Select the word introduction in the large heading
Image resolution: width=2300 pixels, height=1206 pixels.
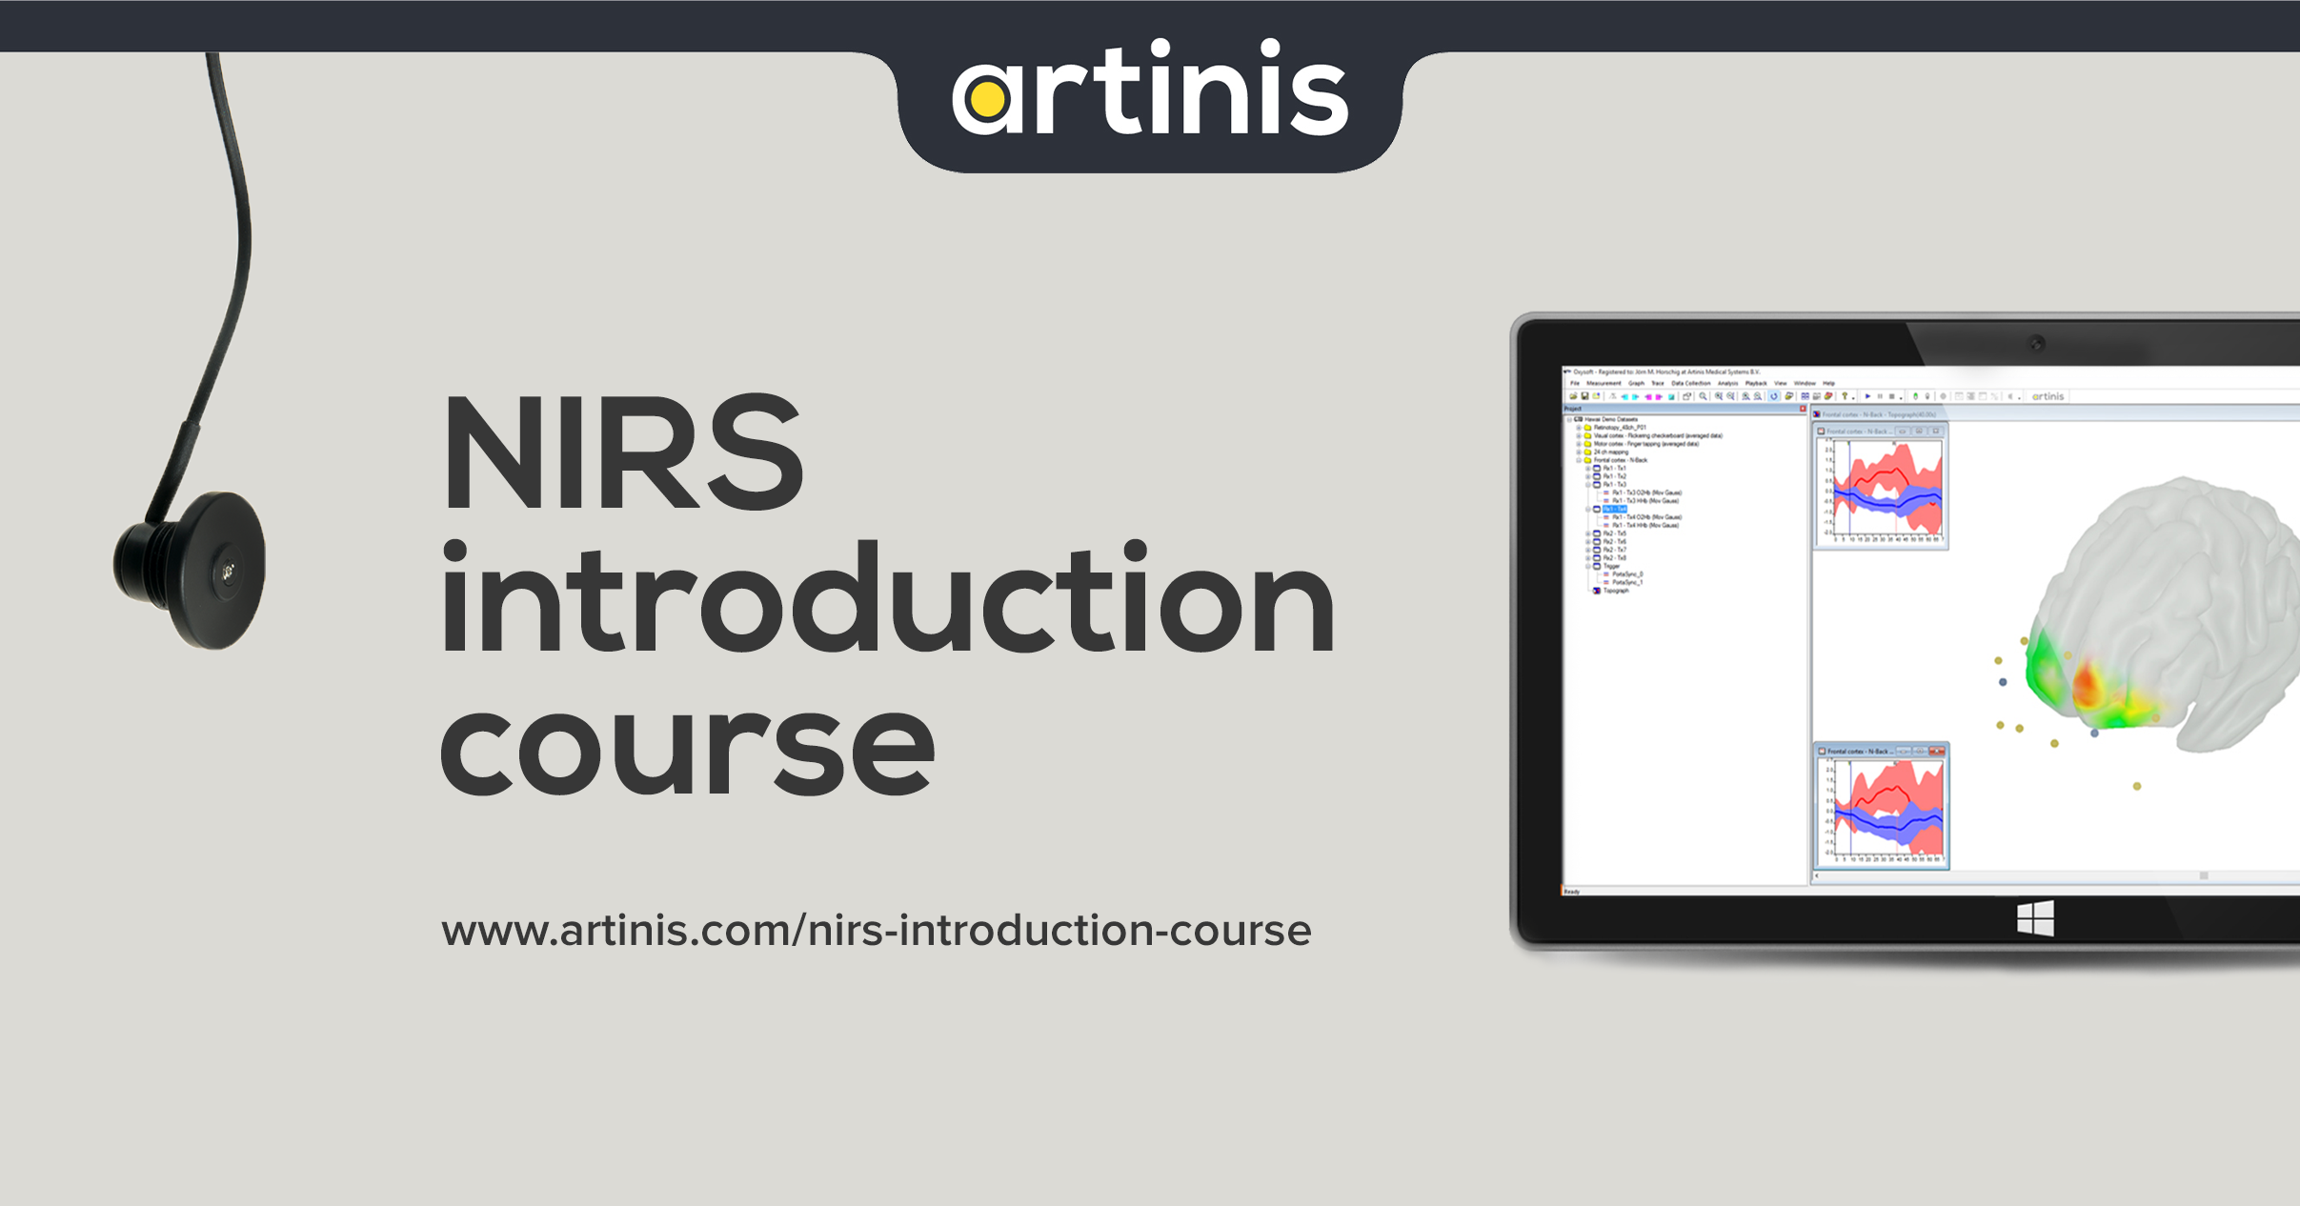[886, 600]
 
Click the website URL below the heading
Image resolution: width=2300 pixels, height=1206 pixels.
[876, 931]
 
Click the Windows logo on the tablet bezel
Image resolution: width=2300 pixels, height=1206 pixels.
[2035, 919]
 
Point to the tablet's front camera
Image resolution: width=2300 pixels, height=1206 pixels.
[2036, 343]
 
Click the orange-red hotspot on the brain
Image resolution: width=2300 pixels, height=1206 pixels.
[2087, 684]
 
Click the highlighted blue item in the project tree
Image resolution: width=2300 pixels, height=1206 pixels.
[1614, 510]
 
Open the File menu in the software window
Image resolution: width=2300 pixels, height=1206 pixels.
[1575, 383]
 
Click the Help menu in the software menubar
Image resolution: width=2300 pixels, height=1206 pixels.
[1828, 383]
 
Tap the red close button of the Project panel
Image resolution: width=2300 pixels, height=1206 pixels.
[1802, 409]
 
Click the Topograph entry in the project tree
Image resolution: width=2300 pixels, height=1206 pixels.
[1616, 591]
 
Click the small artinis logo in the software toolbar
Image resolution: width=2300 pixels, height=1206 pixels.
[2048, 396]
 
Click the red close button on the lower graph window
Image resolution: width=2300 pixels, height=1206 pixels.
[1939, 752]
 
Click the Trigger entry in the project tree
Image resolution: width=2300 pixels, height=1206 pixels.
[1611, 566]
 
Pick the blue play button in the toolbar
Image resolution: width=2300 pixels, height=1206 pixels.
[1867, 396]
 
